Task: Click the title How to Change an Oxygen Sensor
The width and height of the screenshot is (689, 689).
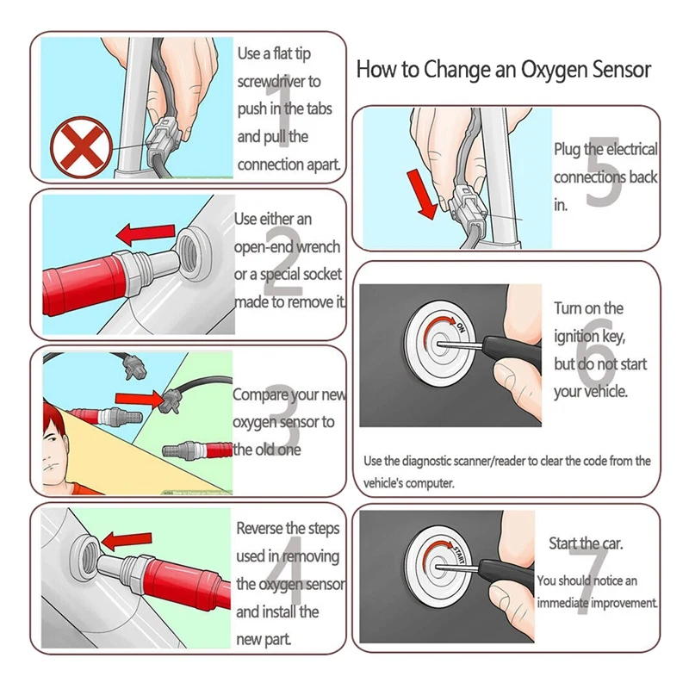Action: coord(503,69)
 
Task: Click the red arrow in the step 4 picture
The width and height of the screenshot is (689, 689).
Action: coord(126,541)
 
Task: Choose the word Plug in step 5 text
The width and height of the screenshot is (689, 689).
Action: coord(567,149)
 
